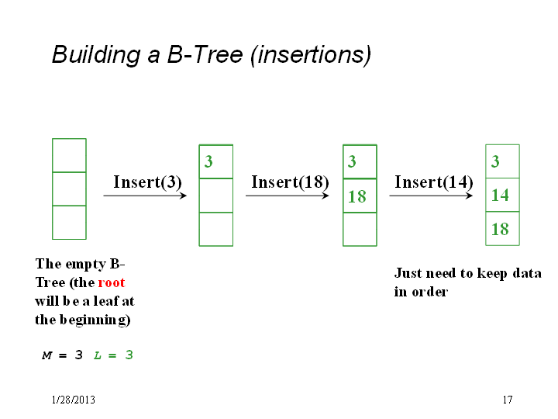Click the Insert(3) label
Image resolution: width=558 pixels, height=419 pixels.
tap(147, 182)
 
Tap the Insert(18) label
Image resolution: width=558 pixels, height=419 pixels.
tap(290, 182)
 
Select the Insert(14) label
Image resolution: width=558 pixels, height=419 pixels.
tap(434, 182)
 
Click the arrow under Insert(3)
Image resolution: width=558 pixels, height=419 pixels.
tap(145, 196)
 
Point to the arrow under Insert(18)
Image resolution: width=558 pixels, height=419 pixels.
tap(288, 196)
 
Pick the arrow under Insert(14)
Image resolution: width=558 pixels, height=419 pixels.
tap(431, 196)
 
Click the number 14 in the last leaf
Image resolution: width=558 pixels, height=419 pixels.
tap(500, 196)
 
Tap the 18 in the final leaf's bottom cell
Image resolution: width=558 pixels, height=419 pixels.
tap(500, 229)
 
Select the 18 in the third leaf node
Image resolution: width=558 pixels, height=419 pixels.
tap(357, 196)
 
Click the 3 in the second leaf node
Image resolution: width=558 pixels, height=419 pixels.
tap(208, 161)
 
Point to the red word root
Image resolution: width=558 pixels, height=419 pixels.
tap(112, 282)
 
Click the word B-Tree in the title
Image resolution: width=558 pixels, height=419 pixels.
tap(205, 55)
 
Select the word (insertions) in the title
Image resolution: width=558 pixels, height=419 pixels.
tap(311, 55)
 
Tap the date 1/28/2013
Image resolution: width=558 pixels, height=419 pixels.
tap(74, 400)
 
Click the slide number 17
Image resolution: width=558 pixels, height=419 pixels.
tap(508, 400)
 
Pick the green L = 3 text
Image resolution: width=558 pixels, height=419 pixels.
tap(113, 355)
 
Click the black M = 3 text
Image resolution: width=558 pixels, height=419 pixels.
tap(62, 355)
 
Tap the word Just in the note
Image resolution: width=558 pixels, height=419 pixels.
tap(408, 273)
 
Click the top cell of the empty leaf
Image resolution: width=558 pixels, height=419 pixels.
tap(69, 155)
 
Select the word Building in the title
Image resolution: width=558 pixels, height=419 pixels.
tap(96, 56)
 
